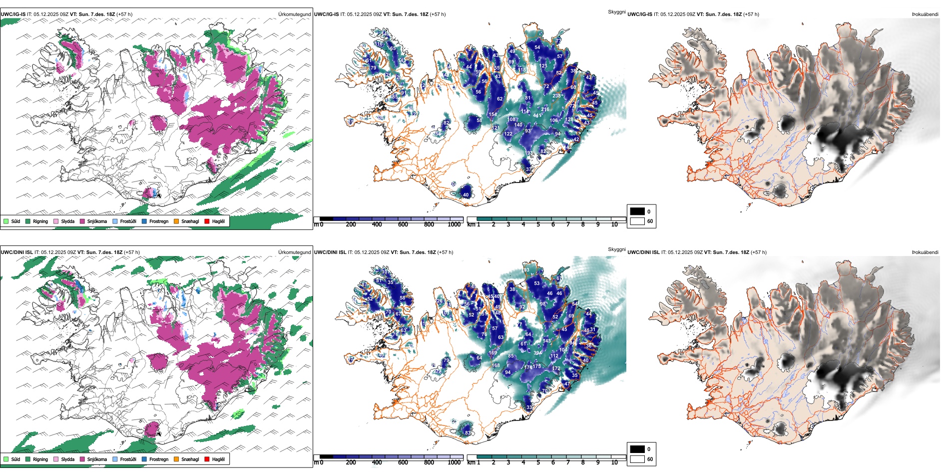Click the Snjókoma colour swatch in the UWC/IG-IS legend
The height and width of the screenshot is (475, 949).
coord(82,221)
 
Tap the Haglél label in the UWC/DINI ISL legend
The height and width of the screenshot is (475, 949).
coord(218,459)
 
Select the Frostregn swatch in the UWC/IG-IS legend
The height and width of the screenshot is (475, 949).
coord(144,221)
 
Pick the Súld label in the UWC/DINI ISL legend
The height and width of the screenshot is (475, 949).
coord(15,459)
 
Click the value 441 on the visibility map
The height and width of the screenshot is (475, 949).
coord(537,115)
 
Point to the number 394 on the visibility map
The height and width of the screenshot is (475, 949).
coord(537,353)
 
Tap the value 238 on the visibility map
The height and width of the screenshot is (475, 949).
coord(557,96)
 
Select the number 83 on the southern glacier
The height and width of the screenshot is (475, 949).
coord(468,433)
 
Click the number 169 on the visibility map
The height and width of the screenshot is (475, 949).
coord(492,353)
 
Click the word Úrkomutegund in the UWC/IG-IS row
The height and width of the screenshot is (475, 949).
coord(294,14)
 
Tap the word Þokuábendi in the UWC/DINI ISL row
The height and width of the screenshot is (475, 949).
coord(925,252)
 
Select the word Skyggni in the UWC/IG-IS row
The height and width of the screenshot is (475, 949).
coord(616,11)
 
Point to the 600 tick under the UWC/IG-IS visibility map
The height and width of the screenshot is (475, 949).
coord(403,224)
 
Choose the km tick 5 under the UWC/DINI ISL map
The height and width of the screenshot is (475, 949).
coord(538,462)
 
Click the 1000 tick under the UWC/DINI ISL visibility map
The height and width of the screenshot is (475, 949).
coord(454,462)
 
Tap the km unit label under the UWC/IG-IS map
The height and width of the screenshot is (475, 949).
coord(471,224)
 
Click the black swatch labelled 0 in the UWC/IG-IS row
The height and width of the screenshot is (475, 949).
coord(637,211)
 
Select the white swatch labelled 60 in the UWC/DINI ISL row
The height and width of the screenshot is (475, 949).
coord(637,459)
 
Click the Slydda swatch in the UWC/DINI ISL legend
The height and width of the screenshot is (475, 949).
coord(56,459)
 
